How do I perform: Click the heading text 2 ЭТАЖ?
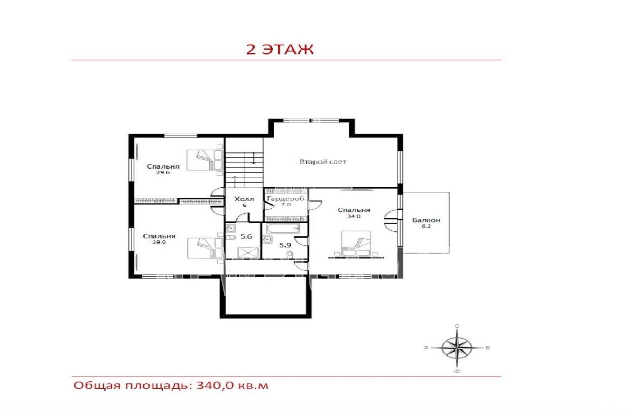[280, 49]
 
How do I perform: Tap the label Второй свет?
[323, 162]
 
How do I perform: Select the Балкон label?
[426, 220]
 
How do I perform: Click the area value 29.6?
[163, 173]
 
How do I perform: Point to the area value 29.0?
[159, 242]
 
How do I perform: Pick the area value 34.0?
[354, 216]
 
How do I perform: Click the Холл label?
[244, 199]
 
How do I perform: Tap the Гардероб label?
[286, 199]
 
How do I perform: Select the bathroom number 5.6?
[246, 236]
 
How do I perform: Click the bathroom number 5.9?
[285, 245]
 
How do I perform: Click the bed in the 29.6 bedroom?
[205, 160]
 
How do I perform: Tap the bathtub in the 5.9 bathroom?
[283, 228]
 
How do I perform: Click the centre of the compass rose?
[457, 348]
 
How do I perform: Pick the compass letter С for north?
[457, 326]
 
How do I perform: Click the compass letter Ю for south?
[457, 372]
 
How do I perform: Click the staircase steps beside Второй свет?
[244, 170]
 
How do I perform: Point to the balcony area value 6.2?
[426, 226]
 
